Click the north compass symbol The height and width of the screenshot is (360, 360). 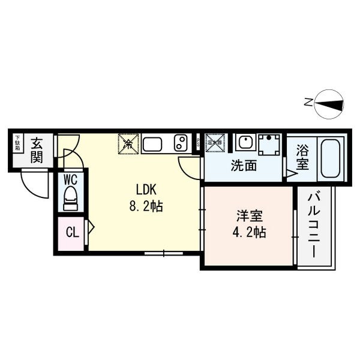coord(327,103)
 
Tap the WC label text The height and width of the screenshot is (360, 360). coord(70,179)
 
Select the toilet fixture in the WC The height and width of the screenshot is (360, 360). coord(70,197)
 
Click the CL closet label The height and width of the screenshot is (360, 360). coord(71,231)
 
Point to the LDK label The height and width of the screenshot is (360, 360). coord(146,190)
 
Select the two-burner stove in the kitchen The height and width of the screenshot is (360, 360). coord(182,143)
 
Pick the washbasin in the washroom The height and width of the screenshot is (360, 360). coord(244,143)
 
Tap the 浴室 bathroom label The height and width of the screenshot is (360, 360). coord(302,158)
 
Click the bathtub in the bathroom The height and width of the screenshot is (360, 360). coord(331,158)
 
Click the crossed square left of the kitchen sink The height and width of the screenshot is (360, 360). coord(128,143)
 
